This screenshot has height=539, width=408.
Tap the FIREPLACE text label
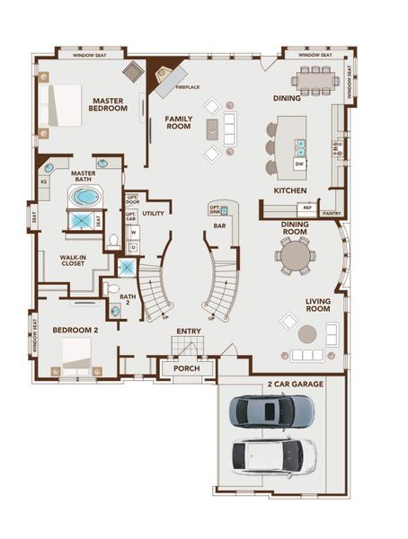click(x=187, y=87)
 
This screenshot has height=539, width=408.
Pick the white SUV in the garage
click(x=273, y=455)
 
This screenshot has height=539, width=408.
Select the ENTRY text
click(x=188, y=331)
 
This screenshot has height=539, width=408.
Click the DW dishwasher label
click(x=299, y=164)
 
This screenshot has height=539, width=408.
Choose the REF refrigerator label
click(x=306, y=208)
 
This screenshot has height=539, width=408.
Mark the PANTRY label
click(x=332, y=214)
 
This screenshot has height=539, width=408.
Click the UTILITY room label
click(x=153, y=214)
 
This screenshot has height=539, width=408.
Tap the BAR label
click(x=218, y=227)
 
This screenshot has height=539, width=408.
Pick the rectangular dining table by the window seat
click(x=315, y=81)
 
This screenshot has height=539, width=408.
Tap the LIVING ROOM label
click(x=318, y=307)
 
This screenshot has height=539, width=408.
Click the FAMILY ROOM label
click(x=179, y=123)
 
